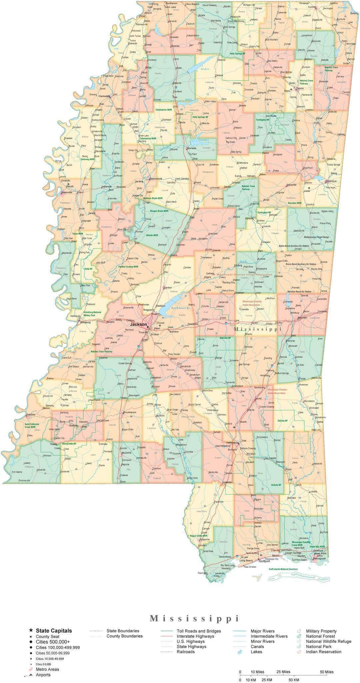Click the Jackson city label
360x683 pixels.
click(x=138, y=324)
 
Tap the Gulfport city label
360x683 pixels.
click(x=264, y=561)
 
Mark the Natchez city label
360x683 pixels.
click(x=31, y=415)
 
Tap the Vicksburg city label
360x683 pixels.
click(x=85, y=322)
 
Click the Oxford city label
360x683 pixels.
click(x=219, y=75)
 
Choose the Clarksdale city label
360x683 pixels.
click(x=104, y=96)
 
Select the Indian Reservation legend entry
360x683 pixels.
click(x=323, y=652)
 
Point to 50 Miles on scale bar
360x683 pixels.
click(x=327, y=672)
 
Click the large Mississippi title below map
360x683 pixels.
click(x=194, y=618)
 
